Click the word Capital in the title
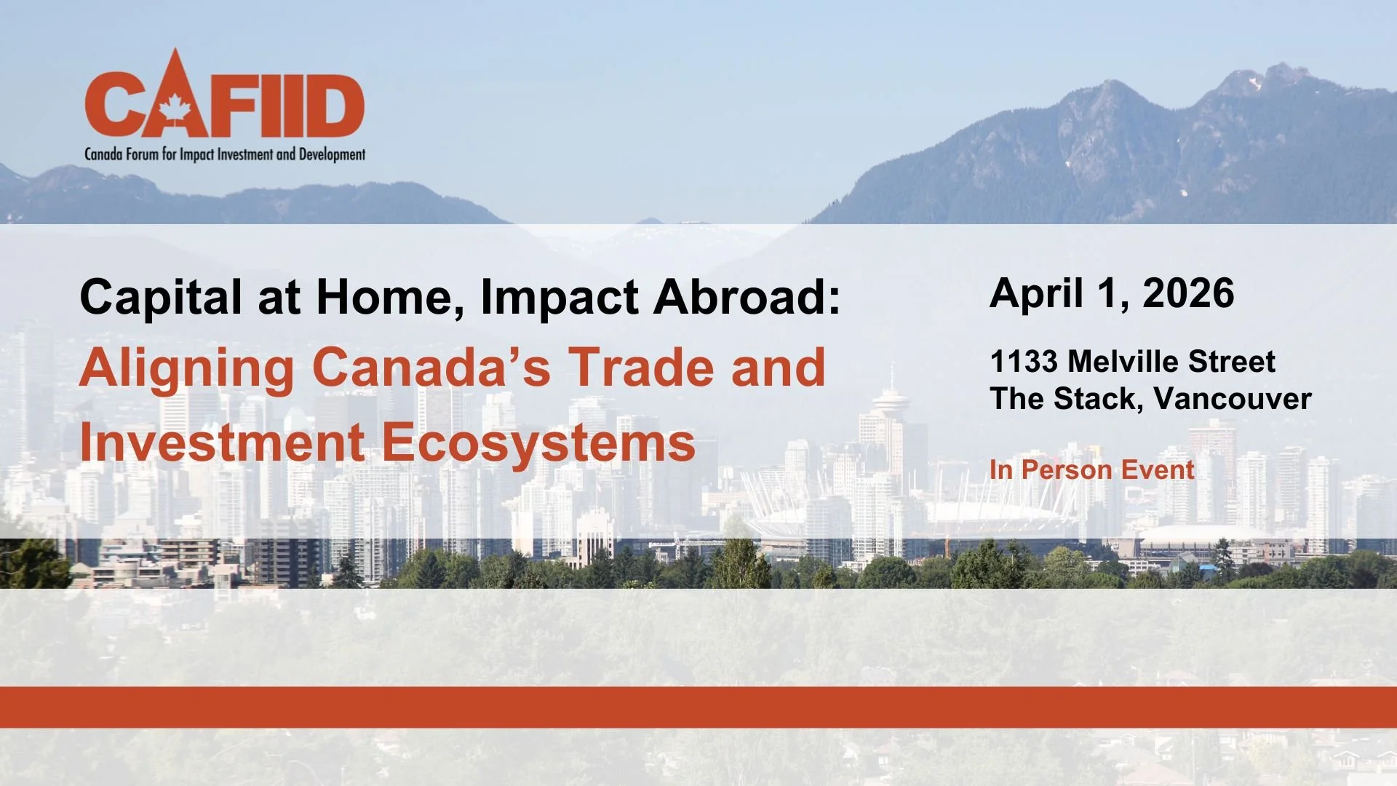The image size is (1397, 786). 160,298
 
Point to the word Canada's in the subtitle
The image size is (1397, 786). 431,368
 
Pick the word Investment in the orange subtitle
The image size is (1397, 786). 222,442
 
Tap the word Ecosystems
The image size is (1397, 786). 538,442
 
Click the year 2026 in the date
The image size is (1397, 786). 1188,293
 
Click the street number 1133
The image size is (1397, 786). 1024,362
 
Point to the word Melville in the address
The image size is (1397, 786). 1125,362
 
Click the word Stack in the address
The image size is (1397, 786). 1098,399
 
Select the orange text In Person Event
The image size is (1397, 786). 1091,470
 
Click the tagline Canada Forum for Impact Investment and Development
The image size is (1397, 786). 225,154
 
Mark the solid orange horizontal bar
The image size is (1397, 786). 698,707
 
